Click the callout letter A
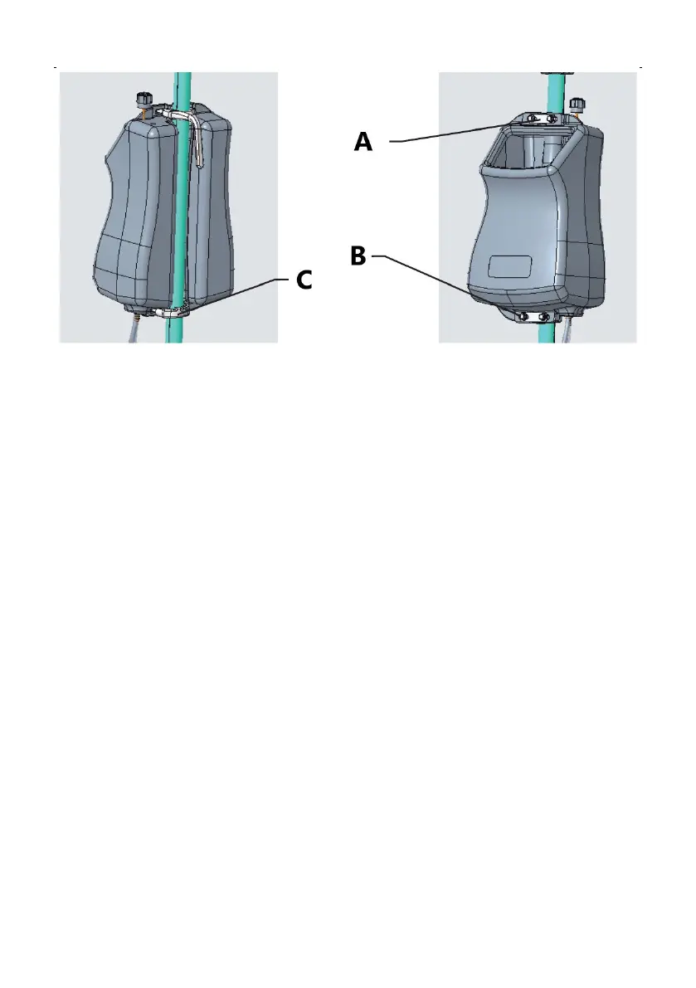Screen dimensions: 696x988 click(363, 142)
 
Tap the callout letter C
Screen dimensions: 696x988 click(304, 281)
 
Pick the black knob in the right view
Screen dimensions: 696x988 click(576, 103)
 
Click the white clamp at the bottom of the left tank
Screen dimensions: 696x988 click(170, 312)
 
